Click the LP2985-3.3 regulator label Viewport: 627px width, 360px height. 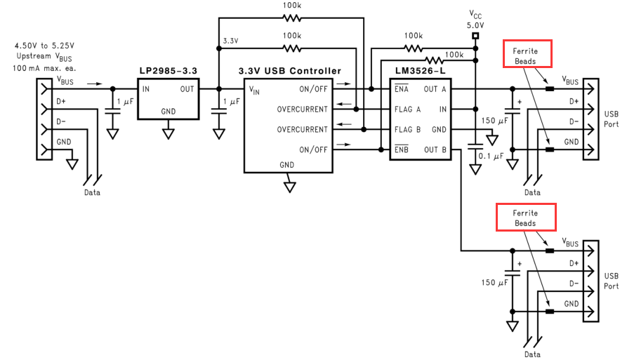(x=169, y=71)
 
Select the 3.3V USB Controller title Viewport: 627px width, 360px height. (x=291, y=71)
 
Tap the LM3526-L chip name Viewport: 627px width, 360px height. (x=418, y=71)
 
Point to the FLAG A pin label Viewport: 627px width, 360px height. (x=407, y=109)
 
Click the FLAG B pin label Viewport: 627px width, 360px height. (x=407, y=130)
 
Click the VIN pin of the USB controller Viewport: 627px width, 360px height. (x=254, y=90)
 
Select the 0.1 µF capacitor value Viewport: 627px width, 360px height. (x=491, y=156)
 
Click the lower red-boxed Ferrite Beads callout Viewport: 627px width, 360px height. (x=526, y=218)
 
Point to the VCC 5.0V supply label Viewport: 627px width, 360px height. (x=476, y=19)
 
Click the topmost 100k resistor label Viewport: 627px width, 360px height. (x=293, y=6)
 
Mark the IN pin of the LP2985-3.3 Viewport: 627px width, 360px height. (x=146, y=89)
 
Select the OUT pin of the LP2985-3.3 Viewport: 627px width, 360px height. (x=187, y=89)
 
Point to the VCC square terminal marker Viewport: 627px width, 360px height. (x=476, y=35)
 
